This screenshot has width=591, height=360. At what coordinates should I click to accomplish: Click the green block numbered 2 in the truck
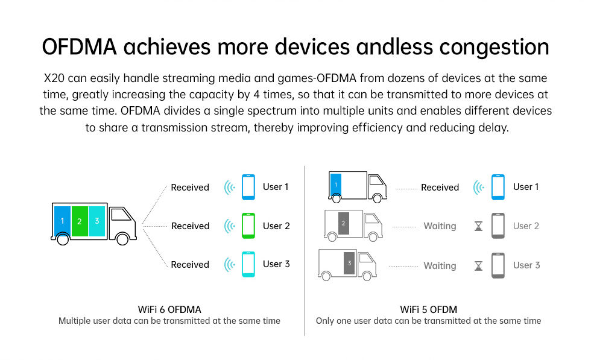(80, 221)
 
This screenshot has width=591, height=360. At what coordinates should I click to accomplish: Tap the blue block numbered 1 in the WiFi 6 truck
(62, 221)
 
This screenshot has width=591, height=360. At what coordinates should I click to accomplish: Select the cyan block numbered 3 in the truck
(97, 221)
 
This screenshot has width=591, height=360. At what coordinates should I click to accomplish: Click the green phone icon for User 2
(248, 226)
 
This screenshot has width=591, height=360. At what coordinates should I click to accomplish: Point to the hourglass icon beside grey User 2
(478, 226)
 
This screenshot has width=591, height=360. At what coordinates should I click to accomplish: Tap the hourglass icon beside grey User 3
(478, 266)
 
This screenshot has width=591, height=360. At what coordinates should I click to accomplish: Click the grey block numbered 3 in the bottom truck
(349, 263)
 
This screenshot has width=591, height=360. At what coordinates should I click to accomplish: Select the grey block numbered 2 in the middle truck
(343, 223)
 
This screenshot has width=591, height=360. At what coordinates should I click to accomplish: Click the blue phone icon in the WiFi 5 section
(498, 187)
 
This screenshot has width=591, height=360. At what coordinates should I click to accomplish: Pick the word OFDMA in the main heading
(79, 47)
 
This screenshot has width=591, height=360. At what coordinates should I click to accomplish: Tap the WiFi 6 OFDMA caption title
(169, 309)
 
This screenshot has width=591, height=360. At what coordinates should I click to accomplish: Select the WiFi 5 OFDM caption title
(429, 309)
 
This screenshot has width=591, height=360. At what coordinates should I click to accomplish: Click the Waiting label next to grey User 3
(440, 266)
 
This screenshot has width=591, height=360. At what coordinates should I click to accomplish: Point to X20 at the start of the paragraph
(54, 78)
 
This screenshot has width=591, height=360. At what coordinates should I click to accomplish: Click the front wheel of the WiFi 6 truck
(122, 239)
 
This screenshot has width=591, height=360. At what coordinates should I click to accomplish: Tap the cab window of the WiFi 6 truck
(121, 215)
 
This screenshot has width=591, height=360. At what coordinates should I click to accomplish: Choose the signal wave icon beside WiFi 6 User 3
(230, 265)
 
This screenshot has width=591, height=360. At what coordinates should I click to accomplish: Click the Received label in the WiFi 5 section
(440, 188)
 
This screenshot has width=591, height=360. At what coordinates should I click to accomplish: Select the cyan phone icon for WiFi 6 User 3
(248, 264)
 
